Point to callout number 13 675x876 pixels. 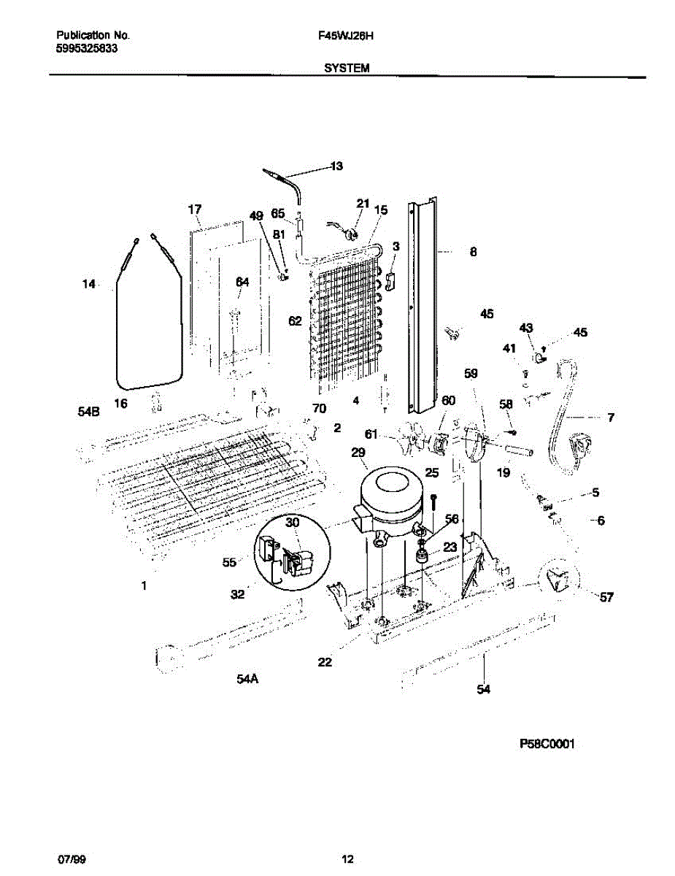click(x=336, y=166)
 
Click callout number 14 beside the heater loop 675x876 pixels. click(x=88, y=284)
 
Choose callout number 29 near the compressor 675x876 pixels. click(x=358, y=453)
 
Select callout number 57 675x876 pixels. click(x=606, y=597)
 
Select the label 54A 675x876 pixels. click(x=247, y=679)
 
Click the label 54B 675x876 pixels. click(x=88, y=412)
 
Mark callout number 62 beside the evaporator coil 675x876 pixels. click(x=295, y=320)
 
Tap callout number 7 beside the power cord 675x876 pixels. click(x=610, y=418)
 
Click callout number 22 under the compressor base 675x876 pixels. click(x=325, y=662)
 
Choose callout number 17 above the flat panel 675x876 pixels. click(x=194, y=210)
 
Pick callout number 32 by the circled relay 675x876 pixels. click(x=238, y=594)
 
